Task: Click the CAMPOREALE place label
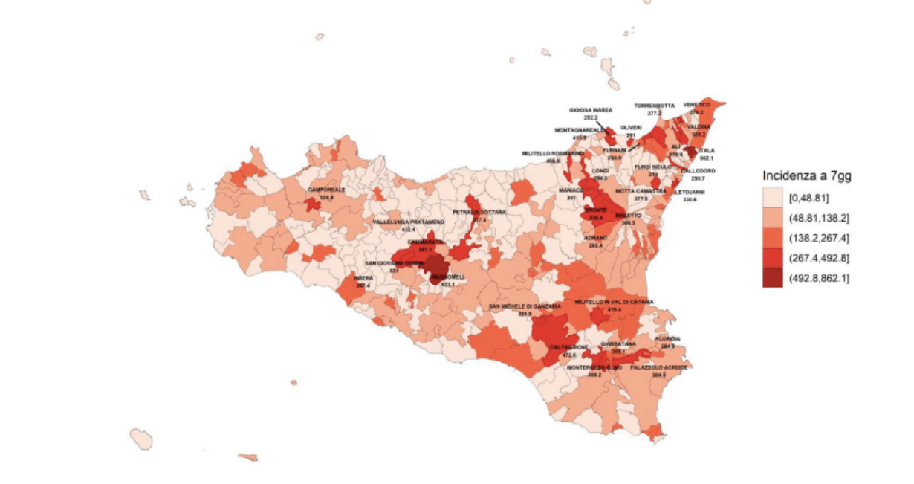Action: click(x=327, y=190)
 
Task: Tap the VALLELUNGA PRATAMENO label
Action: click(x=409, y=222)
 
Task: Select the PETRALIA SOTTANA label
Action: click(x=479, y=212)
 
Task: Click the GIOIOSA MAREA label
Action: click(x=591, y=109)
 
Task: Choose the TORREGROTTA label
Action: click(x=654, y=106)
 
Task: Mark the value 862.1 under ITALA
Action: click(x=706, y=158)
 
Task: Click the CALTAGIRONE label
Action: click(x=569, y=347)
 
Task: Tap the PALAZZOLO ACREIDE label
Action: click(x=658, y=367)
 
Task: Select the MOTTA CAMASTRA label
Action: click(x=641, y=191)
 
